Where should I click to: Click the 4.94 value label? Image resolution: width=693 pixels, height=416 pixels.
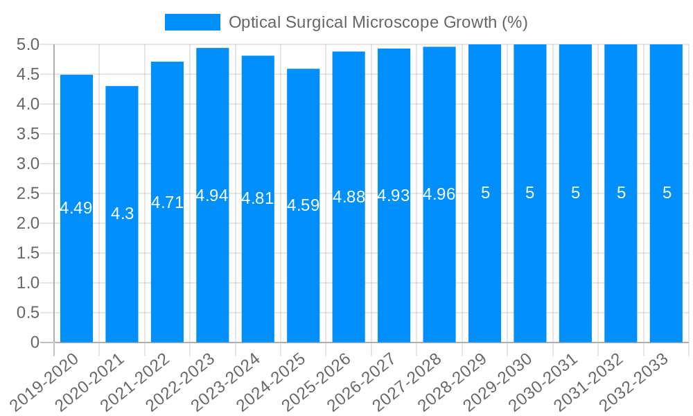click(212, 196)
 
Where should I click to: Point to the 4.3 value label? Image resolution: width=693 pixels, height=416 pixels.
click(122, 214)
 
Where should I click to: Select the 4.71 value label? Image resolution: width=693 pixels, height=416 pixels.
click(168, 202)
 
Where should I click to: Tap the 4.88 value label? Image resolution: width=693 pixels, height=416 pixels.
click(349, 197)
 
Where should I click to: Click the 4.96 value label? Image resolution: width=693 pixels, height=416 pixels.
click(439, 194)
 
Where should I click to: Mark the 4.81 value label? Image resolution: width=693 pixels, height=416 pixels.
click(258, 198)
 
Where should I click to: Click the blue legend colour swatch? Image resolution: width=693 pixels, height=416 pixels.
click(192, 22)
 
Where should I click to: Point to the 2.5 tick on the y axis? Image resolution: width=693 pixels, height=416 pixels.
click(28, 193)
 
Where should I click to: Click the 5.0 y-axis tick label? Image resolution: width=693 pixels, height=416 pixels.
click(28, 45)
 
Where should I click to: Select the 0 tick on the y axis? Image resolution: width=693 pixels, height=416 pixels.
click(35, 343)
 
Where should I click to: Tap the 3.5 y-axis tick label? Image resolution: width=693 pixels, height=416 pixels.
click(28, 134)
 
